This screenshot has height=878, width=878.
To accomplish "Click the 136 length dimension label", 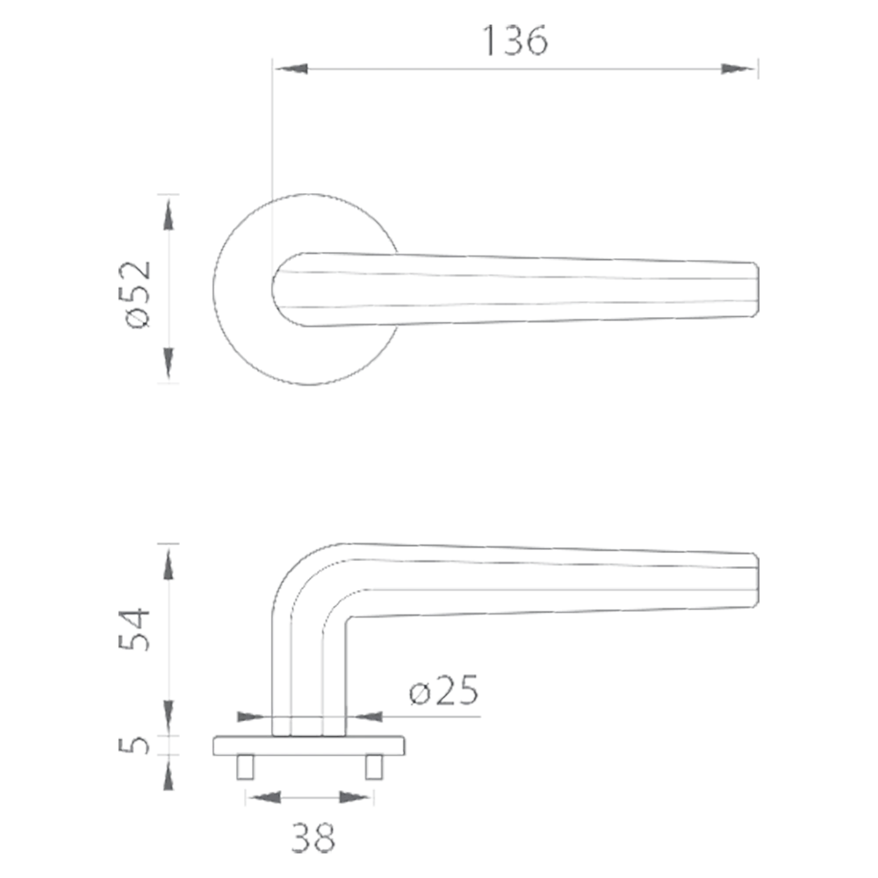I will pyautogui.click(x=515, y=40).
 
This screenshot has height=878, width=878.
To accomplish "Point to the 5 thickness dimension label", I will pyautogui.click(x=133, y=745).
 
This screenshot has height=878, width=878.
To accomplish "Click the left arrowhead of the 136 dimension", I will pyautogui.click(x=290, y=68).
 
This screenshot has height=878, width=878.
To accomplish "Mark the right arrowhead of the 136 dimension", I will pyautogui.click(x=740, y=68).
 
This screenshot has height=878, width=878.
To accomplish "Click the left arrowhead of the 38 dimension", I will pyautogui.click(x=267, y=797).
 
